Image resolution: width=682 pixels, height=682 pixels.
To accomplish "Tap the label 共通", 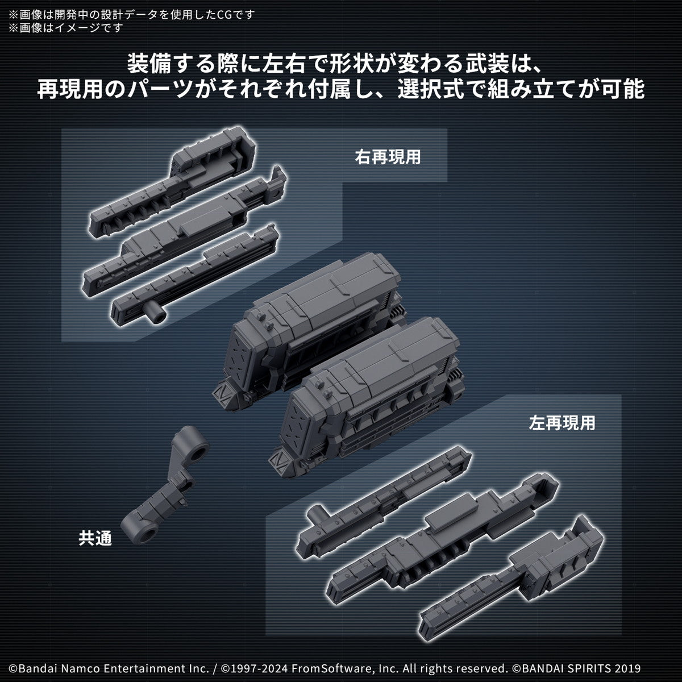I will [95, 538].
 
